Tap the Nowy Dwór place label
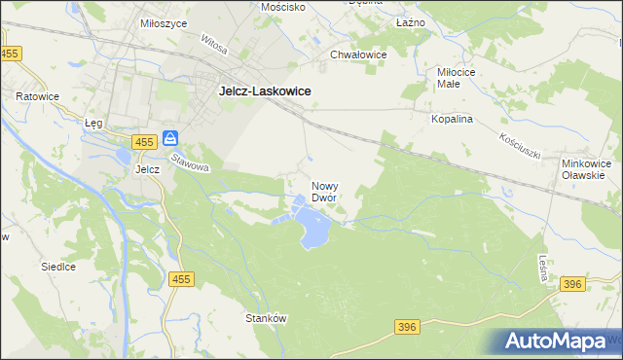[x=324, y=191]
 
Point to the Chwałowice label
[x=358, y=55]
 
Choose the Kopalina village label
[x=452, y=119]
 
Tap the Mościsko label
[x=283, y=6]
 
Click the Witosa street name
[x=214, y=45]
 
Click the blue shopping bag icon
[x=170, y=139]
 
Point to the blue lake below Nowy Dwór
[x=314, y=231]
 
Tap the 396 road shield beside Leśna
[x=572, y=283]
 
